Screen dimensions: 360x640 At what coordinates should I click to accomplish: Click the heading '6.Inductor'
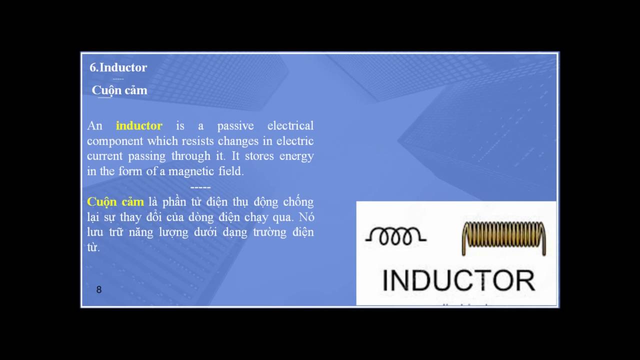118,67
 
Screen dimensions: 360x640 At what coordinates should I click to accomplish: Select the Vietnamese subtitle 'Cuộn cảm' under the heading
119,90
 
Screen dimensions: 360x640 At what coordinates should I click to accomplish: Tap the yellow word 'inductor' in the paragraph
139,125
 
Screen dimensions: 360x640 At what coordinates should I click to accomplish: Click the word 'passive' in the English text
235,125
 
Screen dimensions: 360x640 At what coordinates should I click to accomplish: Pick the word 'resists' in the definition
196,141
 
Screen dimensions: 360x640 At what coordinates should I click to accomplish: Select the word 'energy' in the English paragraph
296,156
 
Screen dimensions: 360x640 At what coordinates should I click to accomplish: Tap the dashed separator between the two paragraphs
200,186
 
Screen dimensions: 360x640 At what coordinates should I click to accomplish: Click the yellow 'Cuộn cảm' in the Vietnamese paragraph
115,202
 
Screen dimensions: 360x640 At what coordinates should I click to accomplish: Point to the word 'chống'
298,202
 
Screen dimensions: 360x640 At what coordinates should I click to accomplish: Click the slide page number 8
99,289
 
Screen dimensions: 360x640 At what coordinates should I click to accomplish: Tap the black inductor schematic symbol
395,236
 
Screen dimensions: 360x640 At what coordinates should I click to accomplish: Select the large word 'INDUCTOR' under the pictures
458,280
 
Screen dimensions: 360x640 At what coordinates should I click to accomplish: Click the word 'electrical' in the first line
290,125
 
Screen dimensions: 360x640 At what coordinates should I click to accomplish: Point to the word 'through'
191,156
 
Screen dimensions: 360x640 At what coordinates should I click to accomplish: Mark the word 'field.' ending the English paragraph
228,171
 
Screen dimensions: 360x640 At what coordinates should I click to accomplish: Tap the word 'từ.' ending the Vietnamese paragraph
93,247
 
